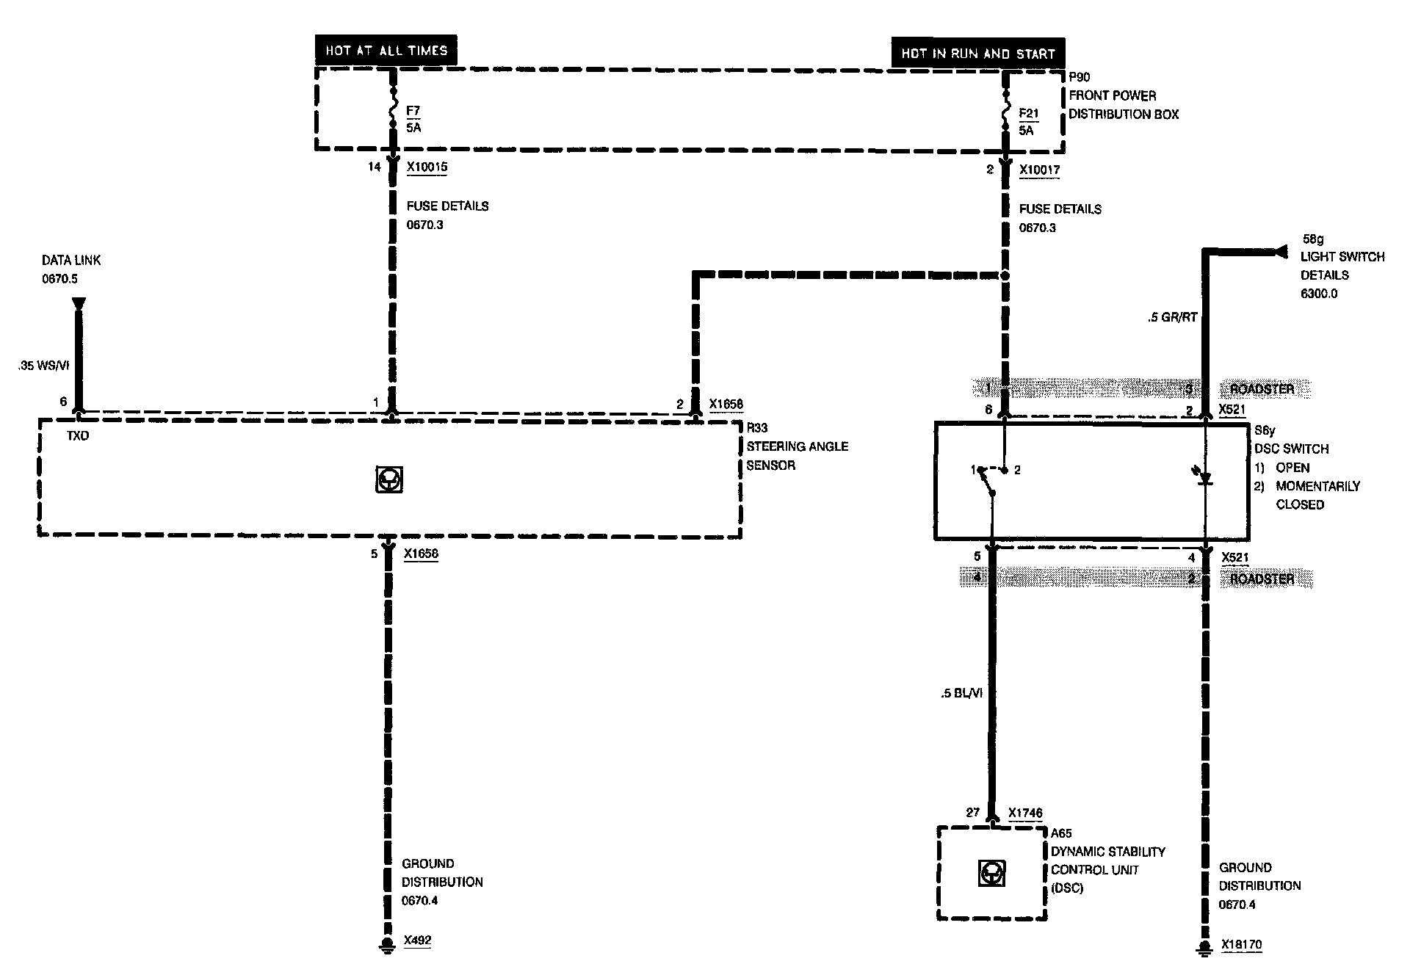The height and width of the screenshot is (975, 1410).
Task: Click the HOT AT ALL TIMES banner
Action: (386, 51)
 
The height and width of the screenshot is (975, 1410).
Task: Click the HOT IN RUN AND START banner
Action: (977, 54)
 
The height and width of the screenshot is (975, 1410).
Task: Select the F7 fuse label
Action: (413, 111)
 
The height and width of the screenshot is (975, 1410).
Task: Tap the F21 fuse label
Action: (1029, 114)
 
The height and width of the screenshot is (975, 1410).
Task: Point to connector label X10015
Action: (427, 167)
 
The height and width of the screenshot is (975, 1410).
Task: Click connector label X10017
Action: (1039, 170)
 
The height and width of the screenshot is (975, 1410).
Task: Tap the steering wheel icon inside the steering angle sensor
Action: (389, 479)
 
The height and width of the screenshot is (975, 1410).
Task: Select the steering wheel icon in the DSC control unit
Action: (992, 874)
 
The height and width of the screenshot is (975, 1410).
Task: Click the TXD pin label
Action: (78, 435)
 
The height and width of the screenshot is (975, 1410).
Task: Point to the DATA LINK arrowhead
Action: (79, 304)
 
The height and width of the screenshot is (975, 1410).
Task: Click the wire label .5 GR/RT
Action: (1172, 317)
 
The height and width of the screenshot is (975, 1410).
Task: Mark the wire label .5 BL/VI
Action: (961, 692)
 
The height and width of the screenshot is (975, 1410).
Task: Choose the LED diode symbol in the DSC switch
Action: (1204, 479)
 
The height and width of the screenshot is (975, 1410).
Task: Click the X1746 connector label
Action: (1025, 813)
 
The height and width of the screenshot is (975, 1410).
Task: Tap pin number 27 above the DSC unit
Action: (972, 813)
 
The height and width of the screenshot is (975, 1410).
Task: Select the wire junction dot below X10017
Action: (1005, 275)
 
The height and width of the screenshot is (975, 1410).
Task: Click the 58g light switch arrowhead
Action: (1281, 252)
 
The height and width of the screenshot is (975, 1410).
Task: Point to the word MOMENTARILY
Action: (1317, 486)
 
